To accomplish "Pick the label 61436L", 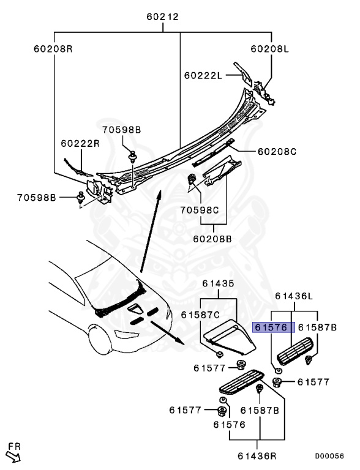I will (294, 296).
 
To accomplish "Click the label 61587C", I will (200, 314).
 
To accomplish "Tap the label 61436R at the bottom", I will (258, 456).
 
